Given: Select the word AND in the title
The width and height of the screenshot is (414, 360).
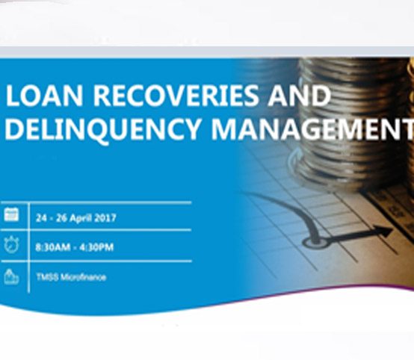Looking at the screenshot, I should coord(299,97).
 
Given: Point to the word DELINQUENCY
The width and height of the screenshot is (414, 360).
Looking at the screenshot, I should coord(102,128).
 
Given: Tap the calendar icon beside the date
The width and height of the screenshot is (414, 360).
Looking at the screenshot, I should coord(11,216).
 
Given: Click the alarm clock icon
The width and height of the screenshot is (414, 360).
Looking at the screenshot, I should coord(11,245).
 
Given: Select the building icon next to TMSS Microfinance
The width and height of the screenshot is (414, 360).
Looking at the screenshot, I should coord(11,276).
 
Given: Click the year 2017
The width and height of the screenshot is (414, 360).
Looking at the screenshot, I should coord(105,218).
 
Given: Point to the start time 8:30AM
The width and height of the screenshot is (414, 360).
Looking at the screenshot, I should coord(51,247).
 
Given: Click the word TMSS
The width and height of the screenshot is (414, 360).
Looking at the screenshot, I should coord(46,277).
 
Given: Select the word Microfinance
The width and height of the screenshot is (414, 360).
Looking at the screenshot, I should coord(83,277).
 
